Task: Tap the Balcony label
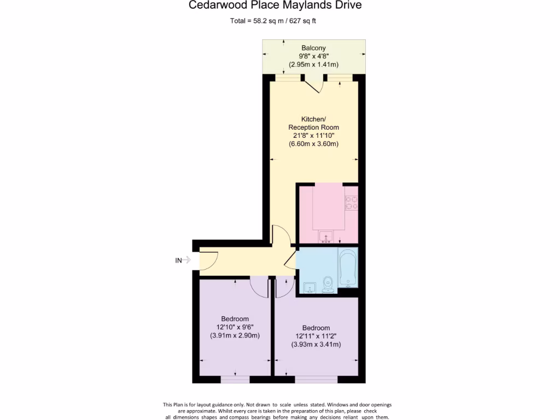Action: pyautogui.click(x=313, y=48)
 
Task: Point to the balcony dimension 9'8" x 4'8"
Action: pyautogui.click(x=313, y=56)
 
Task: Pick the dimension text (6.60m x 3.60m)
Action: pyautogui.click(x=313, y=144)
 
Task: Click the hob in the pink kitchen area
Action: pyautogui.click(x=352, y=203)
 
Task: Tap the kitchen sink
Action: pyautogui.click(x=326, y=237)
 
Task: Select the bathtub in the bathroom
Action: pyautogui.click(x=347, y=268)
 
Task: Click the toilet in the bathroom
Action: pyautogui.click(x=328, y=284)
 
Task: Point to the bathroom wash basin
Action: pyautogui.click(x=309, y=287)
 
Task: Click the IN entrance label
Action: pyautogui.click(x=178, y=261)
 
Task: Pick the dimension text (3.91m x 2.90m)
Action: pyautogui.click(x=235, y=336)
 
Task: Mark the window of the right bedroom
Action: pyautogui.click(x=316, y=378)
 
